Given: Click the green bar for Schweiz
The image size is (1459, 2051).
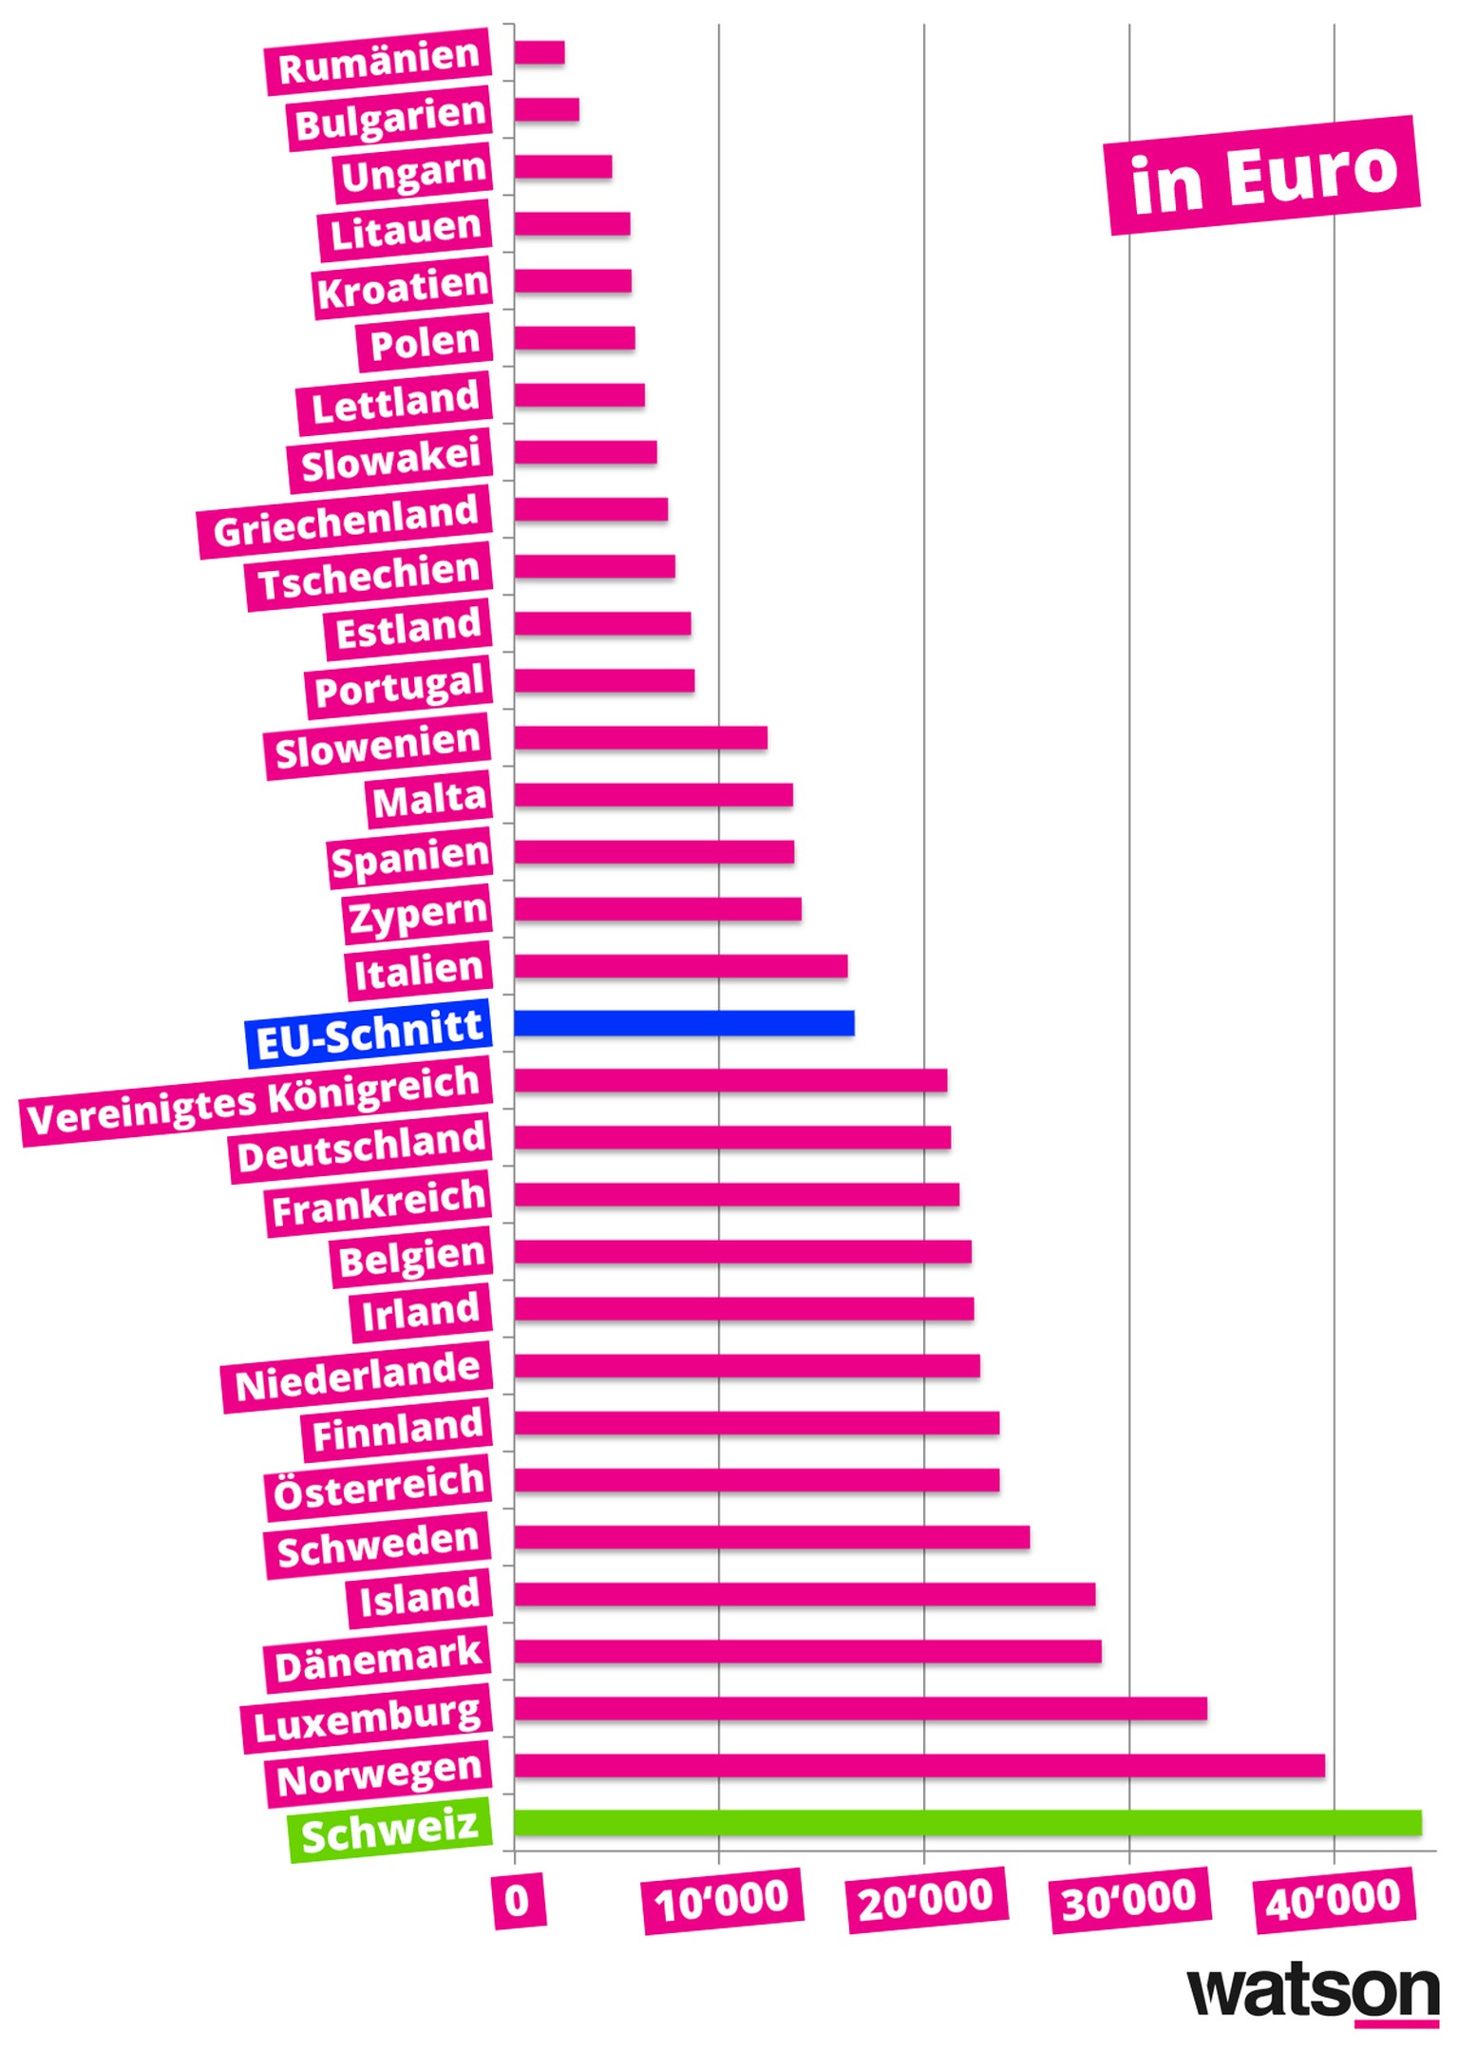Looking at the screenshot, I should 967,1823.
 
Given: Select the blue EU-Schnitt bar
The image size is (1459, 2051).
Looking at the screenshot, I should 684,1023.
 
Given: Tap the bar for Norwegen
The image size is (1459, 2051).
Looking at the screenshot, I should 919,1766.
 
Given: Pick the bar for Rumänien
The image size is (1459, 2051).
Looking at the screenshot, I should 540,53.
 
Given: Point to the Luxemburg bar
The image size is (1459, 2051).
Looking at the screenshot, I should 860,1709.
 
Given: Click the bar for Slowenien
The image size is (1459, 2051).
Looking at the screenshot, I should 640,738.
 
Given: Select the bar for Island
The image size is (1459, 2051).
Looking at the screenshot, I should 805,1594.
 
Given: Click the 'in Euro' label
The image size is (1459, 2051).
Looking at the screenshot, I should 1262,176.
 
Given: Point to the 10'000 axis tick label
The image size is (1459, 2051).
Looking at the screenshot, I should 723,1901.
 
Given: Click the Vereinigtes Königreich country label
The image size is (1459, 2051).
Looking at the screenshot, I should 255,1102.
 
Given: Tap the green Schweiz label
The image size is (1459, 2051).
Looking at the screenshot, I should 389,1830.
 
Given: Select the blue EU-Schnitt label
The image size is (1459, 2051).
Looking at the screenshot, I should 369,1033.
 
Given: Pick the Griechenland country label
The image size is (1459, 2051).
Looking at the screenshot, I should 345,522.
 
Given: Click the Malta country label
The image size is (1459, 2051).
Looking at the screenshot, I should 429,799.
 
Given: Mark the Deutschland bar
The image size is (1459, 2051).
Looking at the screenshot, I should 731,1137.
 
